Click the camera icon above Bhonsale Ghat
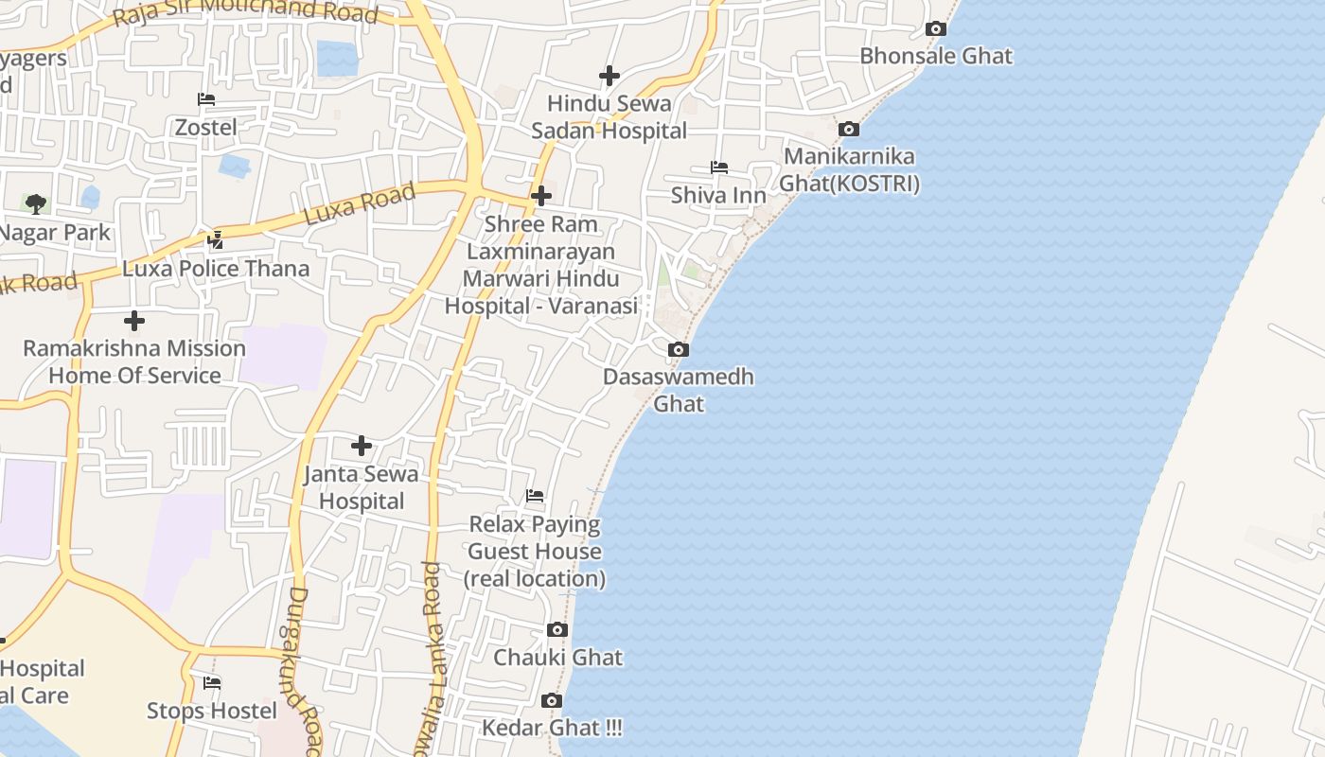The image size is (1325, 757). pos(936,29)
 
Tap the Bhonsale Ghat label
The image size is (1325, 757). pos(935,56)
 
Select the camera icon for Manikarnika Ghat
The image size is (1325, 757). pos(849,130)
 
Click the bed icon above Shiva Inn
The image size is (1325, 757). pos(719,167)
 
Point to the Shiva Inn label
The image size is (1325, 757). pos(718,196)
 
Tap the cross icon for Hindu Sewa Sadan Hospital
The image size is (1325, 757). pos(609,75)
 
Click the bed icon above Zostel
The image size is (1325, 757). pos(206,99)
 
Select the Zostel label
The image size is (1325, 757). pos(206,127)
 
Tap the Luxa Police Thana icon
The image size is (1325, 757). pos(216,240)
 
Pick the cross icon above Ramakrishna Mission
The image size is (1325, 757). pos(134,320)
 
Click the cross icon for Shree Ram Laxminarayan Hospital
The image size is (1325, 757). pos(541,196)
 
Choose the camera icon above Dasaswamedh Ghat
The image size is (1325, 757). pos(678,350)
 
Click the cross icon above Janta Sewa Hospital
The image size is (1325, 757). pos(362,446)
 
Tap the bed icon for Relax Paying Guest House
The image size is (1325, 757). pos(535,496)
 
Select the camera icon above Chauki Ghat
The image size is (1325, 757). pos(557,630)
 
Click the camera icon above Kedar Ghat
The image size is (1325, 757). pos(552,701)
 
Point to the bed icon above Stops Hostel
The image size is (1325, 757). pos(212,683)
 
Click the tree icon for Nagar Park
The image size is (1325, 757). pos(36,203)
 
